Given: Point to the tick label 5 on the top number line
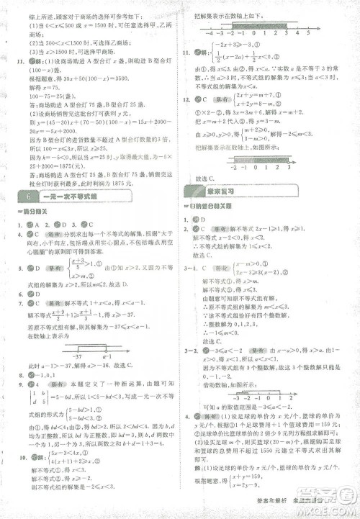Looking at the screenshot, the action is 307,33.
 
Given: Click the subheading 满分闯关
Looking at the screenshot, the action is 36,212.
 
